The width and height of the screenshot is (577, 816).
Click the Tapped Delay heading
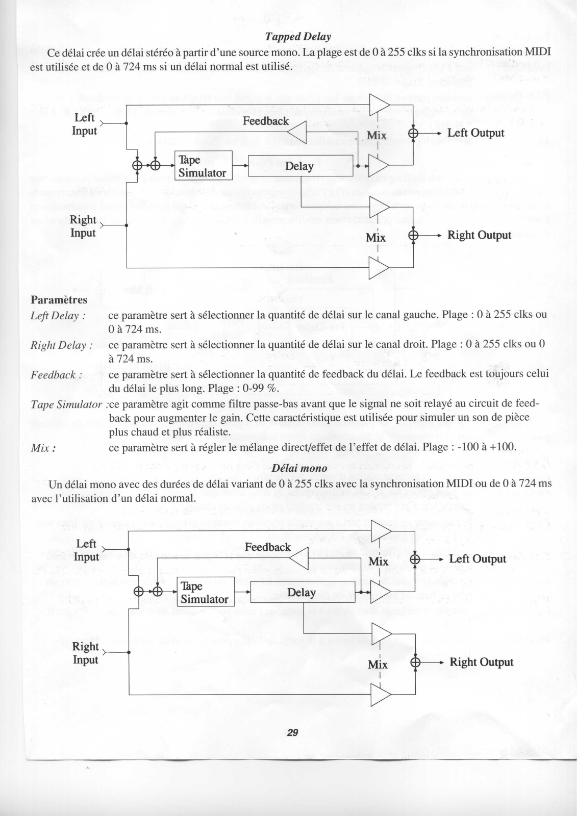pos(298,37)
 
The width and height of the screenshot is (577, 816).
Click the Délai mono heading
pos(299,468)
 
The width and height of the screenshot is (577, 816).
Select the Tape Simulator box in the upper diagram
pos(203,166)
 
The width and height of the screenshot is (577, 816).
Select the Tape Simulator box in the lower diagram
pos(205,593)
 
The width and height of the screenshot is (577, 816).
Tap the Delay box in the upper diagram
pos(300,166)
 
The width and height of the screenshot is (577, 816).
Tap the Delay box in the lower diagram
pos(302,593)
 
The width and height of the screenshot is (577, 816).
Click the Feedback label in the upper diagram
pos(265,121)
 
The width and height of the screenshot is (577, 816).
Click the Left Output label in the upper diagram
pos(475,133)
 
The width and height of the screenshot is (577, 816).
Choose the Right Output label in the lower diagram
pos(481,662)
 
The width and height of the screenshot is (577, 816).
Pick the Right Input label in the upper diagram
pos(83,226)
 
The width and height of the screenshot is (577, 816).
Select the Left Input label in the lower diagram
pos(86,550)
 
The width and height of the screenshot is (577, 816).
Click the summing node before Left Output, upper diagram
pos(413,133)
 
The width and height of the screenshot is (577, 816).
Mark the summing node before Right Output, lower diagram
pos(416,662)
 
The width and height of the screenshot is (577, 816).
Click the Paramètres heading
pos(59,299)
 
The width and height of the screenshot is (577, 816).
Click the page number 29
pos(292,733)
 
